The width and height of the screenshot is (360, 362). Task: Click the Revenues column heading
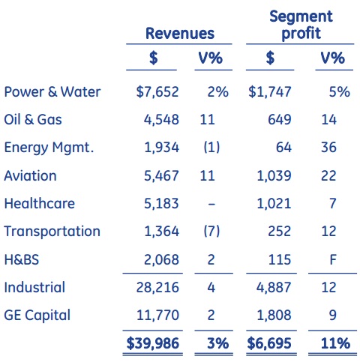(180, 33)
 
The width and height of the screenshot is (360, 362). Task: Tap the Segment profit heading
(301, 25)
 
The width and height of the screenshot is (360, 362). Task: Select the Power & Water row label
(52, 91)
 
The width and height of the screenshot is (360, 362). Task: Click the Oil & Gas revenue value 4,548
(161, 119)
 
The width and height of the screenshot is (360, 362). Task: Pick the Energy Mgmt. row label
(49, 148)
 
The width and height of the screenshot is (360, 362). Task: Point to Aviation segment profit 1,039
(274, 175)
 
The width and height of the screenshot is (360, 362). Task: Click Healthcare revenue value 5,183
(161, 203)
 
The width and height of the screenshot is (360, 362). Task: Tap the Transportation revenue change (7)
(211, 231)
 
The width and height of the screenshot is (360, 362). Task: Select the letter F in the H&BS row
(333, 259)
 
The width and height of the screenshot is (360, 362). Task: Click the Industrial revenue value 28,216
(157, 287)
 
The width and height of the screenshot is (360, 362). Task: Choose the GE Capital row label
(37, 316)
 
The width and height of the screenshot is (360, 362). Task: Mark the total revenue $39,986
(153, 343)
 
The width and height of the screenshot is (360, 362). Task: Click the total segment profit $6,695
(269, 343)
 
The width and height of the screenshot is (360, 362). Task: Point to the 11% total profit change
(335, 343)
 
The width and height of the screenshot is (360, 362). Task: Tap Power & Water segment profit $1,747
(270, 91)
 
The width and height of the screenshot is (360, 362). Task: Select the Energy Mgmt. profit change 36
(328, 148)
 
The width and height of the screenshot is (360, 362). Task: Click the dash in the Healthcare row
(211, 204)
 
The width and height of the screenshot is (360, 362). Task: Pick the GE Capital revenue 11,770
(157, 315)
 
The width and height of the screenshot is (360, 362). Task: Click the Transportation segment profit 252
(280, 231)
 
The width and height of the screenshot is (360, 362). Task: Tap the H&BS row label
(22, 259)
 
